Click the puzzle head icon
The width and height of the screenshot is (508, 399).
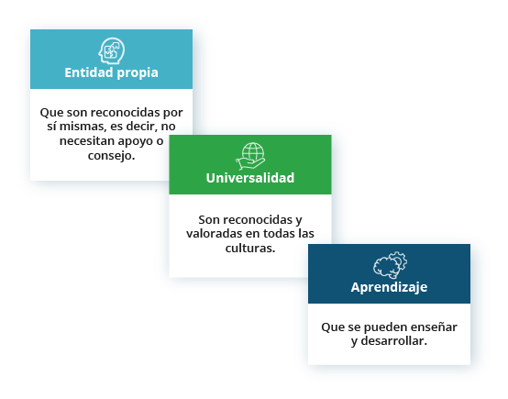coord(112,50)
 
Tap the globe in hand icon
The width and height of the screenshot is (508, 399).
coord(250,156)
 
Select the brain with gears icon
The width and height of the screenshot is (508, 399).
coord(390,265)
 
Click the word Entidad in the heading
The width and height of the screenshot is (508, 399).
coord(89,72)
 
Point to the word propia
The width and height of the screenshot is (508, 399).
coord(138,73)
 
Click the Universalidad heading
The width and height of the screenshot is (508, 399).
coord(250,178)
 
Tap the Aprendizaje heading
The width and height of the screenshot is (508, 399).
coord(389,287)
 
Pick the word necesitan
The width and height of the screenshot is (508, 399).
coord(87,141)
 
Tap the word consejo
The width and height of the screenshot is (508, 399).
coord(111,156)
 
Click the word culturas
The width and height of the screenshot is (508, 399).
coord(250,249)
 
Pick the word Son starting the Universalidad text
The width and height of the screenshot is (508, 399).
coord(209,220)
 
